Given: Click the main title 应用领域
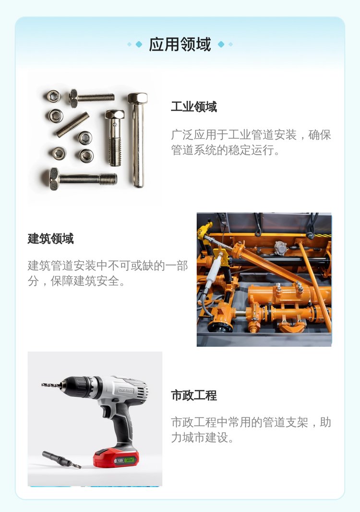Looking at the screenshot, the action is [x=180, y=44].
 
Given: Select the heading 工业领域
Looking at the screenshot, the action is [x=194, y=107].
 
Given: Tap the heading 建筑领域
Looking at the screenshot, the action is [x=50, y=238].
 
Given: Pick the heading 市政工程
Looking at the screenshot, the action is [x=194, y=395].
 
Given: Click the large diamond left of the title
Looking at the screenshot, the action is [x=139, y=44].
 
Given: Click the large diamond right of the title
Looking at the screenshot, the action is [x=221, y=44].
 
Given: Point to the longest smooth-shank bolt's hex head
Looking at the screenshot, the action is [x=137, y=98].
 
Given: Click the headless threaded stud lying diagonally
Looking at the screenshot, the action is [x=72, y=124].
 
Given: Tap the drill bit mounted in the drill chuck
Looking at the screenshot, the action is [x=51, y=385].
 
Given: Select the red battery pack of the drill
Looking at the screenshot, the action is [x=116, y=458].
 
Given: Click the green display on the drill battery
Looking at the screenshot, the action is [x=130, y=460].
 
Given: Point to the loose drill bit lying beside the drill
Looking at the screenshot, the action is [x=61, y=460].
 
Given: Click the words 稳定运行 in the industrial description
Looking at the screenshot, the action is [x=251, y=150].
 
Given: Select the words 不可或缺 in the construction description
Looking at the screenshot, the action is [x=131, y=266].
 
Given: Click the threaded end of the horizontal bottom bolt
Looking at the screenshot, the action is [x=108, y=179].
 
